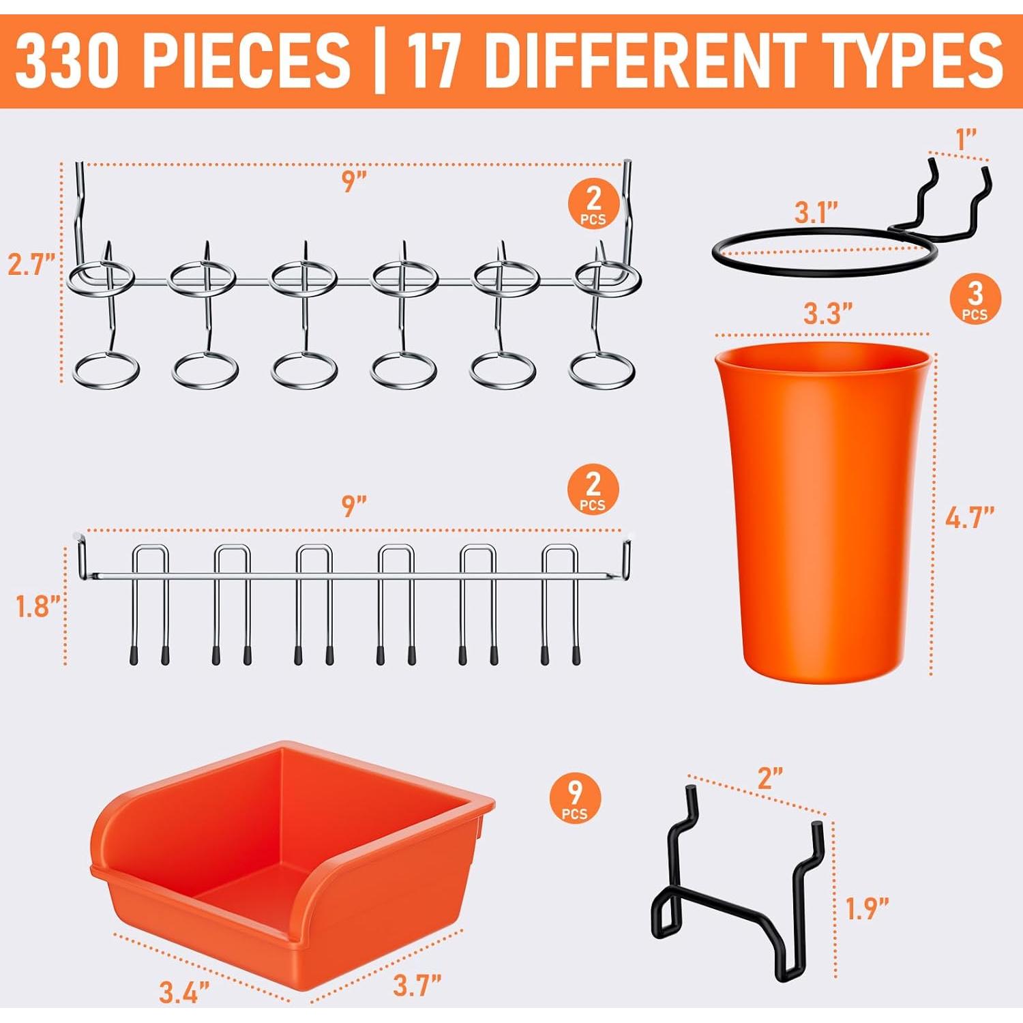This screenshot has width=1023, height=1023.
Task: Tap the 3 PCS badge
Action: point(975,299)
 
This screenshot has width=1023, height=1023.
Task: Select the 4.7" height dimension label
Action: point(969,518)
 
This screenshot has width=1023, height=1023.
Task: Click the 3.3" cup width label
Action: point(827,314)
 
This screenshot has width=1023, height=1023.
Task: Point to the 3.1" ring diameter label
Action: point(816,213)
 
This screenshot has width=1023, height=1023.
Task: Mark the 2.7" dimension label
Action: point(31,264)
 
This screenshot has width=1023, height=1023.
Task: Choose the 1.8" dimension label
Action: point(38,606)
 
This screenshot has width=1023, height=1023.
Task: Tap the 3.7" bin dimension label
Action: point(417,985)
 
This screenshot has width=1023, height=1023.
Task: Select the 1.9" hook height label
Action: point(867,908)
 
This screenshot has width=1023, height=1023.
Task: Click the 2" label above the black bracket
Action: point(770,778)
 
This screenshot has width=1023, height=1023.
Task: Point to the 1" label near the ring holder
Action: point(966,140)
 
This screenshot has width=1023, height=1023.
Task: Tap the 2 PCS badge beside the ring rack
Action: point(593,203)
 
